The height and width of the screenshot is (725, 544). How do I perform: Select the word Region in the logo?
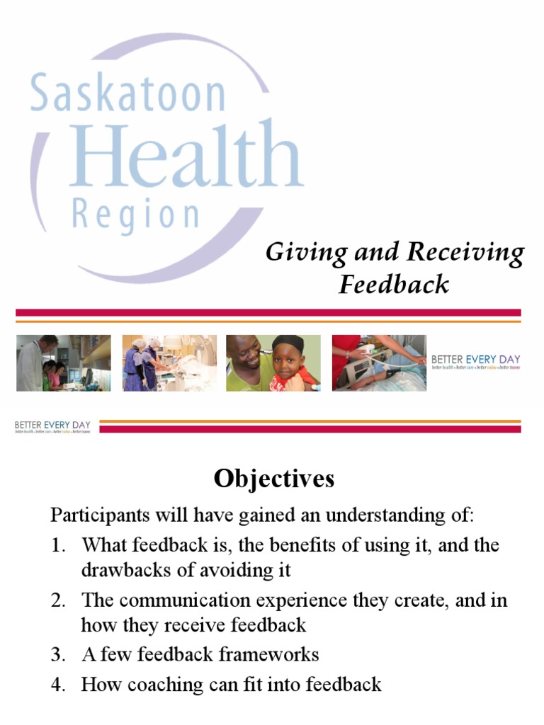[136, 215]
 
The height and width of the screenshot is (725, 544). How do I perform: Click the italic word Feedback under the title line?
[393, 285]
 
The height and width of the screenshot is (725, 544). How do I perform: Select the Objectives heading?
[273, 479]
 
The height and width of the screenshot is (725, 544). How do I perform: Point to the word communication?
[179, 600]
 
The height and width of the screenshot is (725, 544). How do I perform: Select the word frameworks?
[270, 655]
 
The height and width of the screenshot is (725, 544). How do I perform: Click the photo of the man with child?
[273, 363]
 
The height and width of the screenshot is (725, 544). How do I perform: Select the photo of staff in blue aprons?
[168, 363]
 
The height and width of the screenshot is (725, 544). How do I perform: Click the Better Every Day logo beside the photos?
[475, 363]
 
